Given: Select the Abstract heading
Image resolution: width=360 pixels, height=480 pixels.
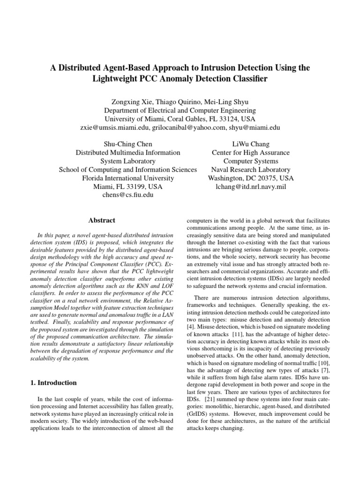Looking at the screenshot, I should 102,220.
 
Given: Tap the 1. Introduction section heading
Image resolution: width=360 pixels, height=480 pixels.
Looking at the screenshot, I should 50,382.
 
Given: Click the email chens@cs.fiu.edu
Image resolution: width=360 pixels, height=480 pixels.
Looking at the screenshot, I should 127,195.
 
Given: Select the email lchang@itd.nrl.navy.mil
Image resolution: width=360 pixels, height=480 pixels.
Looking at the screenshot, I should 251,187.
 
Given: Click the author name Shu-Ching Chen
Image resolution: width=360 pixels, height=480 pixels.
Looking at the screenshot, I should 127,144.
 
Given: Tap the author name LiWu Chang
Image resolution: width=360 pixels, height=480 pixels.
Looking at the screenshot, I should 251,144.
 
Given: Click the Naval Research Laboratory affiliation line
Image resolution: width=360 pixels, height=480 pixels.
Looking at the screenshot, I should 251,170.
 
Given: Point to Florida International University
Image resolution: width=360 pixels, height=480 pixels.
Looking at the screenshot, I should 127,178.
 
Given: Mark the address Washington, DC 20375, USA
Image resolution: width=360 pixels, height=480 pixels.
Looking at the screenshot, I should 251,178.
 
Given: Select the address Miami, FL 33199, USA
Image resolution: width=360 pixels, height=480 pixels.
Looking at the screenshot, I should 127,187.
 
